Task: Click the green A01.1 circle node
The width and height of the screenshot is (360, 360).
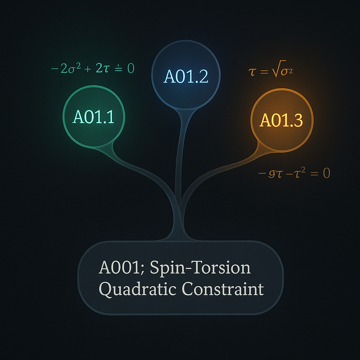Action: tap(94, 117)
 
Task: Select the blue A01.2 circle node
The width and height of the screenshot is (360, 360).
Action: tap(185, 74)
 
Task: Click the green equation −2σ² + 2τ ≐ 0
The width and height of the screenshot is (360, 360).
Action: tap(93, 68)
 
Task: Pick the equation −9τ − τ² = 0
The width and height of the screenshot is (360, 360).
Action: tap(294, 173)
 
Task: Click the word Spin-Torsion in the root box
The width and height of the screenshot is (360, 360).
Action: tap(200, 268)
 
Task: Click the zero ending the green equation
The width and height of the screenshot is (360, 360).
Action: tap(130, 68)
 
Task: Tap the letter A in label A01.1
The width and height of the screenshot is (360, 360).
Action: tap(78, 117)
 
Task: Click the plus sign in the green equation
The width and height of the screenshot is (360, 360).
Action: tap(86, 68)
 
